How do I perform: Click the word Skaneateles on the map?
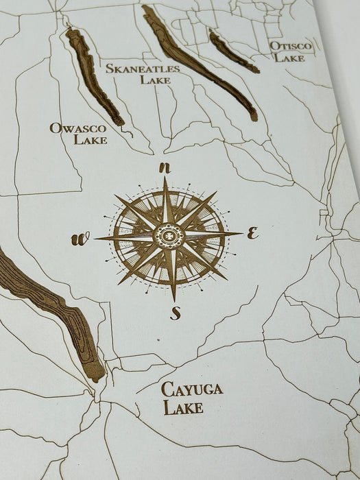143,69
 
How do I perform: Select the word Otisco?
291,46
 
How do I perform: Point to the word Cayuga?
192,389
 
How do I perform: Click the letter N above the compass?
164,167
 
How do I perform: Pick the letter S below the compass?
176,313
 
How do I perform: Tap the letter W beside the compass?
80,239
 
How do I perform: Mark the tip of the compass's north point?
165,178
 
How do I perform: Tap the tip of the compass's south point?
173,300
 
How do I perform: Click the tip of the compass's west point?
95,239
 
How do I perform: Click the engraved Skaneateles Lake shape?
199,64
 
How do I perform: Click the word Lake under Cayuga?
183,407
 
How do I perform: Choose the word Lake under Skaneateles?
155,80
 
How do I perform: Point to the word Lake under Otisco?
289,58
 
